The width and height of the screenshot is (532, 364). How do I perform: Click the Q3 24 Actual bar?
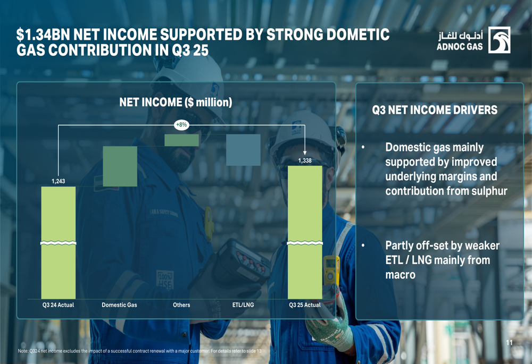(59, 243)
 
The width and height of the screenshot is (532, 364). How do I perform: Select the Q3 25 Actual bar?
(305, 233)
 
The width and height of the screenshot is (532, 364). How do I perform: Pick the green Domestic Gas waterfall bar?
(120, 166)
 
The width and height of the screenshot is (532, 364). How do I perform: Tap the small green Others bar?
(181, 140)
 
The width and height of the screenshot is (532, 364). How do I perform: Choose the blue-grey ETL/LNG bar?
(243, 150)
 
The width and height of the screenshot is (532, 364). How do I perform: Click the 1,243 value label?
(59, 181)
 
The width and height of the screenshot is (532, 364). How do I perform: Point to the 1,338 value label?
(305, 160)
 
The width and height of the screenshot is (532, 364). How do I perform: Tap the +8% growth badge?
(181, 125)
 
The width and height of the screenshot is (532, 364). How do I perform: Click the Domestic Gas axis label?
(119, 305)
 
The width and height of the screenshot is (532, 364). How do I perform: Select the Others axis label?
(181, 305)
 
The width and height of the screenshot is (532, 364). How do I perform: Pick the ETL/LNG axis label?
(243, 305)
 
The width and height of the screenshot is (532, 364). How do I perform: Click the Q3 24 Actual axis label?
(58, 305)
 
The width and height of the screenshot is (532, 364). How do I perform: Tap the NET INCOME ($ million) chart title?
(176, 103)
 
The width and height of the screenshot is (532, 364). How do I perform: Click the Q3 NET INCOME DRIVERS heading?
(435, 110)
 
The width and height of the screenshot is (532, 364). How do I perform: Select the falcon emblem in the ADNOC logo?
(499, 40)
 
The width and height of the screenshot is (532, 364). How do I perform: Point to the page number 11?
(509, 343)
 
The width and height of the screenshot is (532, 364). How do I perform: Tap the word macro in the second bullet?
(401, 275)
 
